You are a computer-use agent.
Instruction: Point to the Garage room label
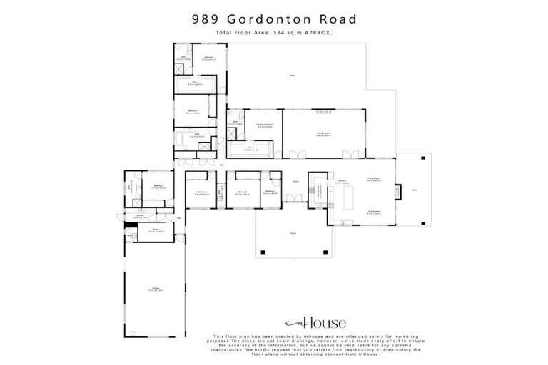tap(153, 289)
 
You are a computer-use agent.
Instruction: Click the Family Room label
tap(323, 133)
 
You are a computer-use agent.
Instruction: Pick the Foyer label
tap(295, 181)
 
